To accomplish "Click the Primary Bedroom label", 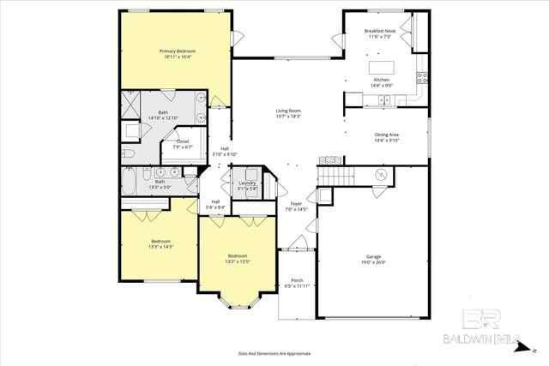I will point(175,51).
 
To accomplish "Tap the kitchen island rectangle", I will point(381,67).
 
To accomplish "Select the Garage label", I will point(372,256).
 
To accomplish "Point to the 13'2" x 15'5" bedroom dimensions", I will point(238,261).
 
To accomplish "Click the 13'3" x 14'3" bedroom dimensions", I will point(161,247).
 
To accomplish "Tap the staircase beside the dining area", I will point(335,175).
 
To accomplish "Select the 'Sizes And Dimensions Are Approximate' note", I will point(274,353).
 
